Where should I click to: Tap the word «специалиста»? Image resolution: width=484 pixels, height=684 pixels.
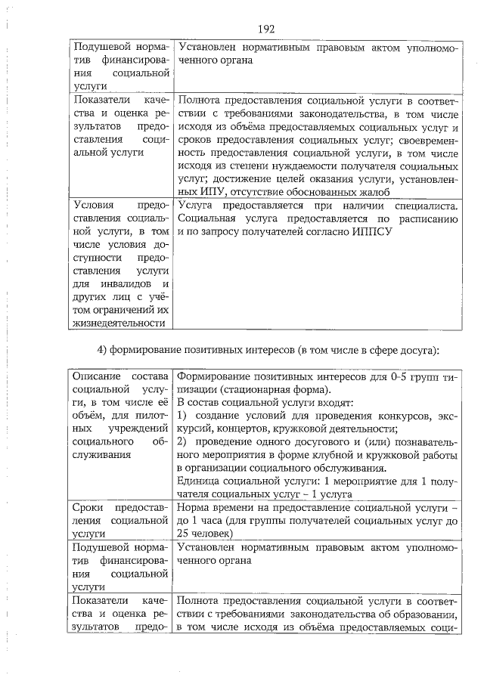click(x=425, y=206)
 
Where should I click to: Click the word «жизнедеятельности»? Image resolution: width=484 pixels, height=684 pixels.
click(x=118, y=323)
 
